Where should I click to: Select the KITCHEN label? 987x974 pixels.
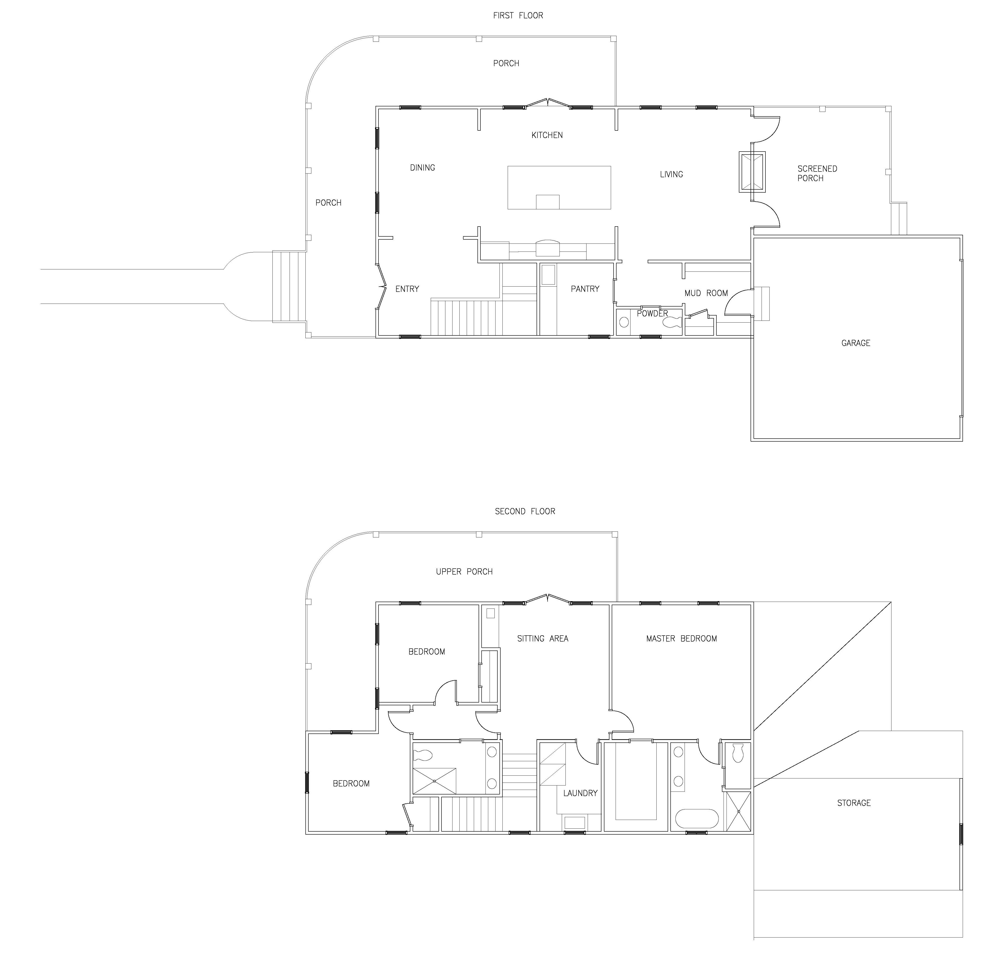coord(547,135)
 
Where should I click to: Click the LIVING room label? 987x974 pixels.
coord(671,174)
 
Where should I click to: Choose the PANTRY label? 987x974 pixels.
coord(585,289)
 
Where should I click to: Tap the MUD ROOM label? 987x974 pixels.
coord(706,293)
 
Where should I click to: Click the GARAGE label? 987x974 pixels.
coord(856,343)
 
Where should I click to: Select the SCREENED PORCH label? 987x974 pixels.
coord(817,173)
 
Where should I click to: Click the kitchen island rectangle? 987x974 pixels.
coord(559,188)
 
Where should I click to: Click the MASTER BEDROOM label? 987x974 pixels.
coord(682,639)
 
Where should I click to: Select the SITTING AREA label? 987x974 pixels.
coord(543,639)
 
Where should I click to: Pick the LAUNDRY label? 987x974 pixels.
coord(580,793)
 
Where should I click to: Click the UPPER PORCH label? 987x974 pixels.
coord(464,572)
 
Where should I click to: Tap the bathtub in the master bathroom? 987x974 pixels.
coord(697,819)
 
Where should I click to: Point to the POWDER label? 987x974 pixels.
coord(652,313)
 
